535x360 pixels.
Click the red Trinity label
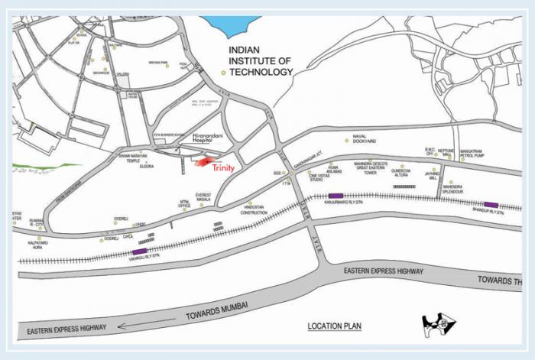pyautogui.click(x=222, y=168)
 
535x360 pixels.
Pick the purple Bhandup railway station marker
pyautogui.click(x=491, y=205)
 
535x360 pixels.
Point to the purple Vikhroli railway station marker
pyautogui.click(x=140, y=251)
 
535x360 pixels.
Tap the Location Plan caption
pyautogui.click(x=335, y=326)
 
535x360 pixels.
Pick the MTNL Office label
pyautogui.click(x=184, y=204)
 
